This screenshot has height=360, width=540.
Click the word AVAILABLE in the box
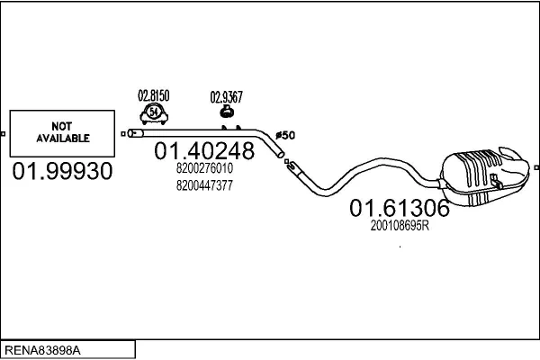tap(63, 139)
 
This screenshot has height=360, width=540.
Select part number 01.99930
tap(63, 171)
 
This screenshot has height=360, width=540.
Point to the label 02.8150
tap(153, 94)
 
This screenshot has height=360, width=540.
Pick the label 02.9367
tap(226, 96)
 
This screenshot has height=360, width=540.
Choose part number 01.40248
tap(205, 150)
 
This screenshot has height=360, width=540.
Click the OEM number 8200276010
tap(204, 168)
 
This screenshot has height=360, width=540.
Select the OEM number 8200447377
tap(204, 185)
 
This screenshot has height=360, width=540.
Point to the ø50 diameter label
tap(284, 136)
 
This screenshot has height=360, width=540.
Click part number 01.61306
tap(399, 209)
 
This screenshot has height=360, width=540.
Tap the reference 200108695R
tap(400, 227)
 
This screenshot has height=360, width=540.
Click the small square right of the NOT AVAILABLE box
tap(122, 134)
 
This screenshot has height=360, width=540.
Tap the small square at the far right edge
tap(535, 166)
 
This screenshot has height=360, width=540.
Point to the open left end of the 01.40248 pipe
tap(132, 133)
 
